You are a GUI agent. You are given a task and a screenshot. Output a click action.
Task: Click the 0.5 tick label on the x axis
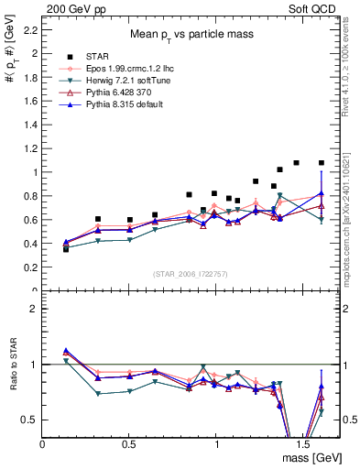pos(129,443)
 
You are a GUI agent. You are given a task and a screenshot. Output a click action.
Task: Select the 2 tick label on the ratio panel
pos(33,309)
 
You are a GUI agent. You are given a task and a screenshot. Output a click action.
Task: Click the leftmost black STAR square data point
pos(66,248)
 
